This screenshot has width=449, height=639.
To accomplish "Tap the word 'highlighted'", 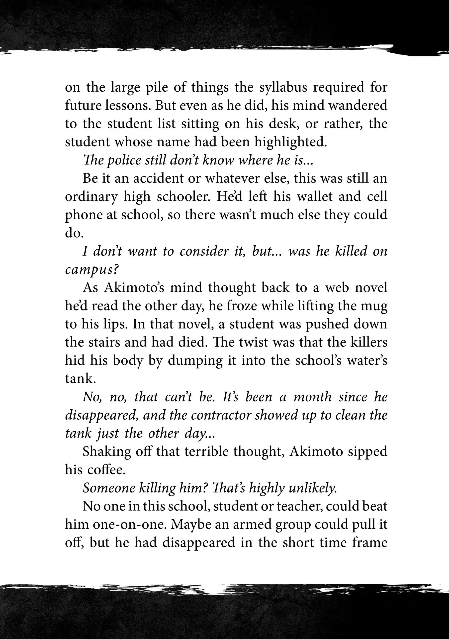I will pyautogui.click(x=290, y=142).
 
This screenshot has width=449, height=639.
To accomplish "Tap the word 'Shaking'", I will pyautogui.click(x=106, y=452).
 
